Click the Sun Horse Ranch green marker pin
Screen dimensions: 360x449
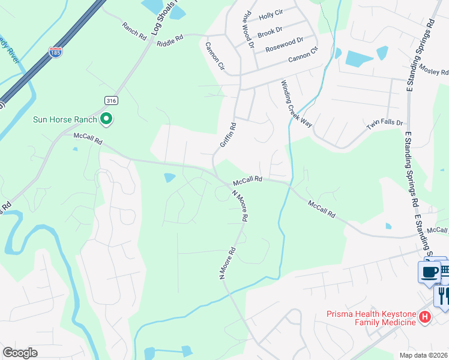(x=107, y=119)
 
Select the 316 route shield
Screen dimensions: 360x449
(x=110, y=100)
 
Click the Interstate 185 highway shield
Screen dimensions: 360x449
(x=56, y=52)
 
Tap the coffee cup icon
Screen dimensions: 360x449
(x=429, y=272)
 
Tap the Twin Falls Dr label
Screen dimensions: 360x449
(x=385, y=122)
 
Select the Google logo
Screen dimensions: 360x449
(x=20, y=353)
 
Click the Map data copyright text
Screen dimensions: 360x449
(x=424, y=355)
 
